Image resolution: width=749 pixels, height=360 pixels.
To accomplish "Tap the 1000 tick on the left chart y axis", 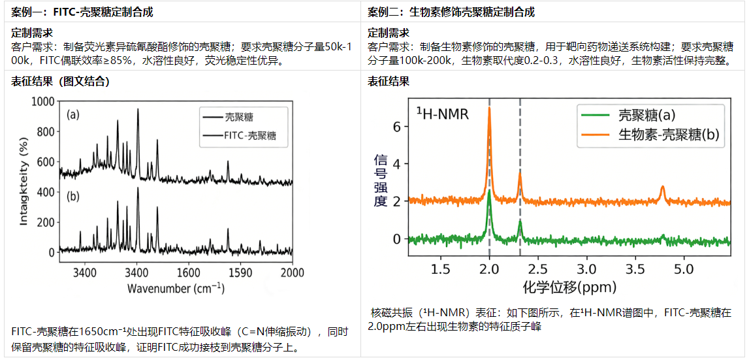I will coord(41,102).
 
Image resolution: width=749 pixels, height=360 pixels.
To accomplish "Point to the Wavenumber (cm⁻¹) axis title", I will coord(176,288).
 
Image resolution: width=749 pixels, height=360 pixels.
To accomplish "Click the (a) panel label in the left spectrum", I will coord(73,115).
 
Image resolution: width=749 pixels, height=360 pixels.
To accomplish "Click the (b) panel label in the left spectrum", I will coord(73,197).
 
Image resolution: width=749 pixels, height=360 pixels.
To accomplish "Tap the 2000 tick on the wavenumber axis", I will coord(292,272).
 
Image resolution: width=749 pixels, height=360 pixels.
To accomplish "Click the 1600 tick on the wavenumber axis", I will coord(189,272).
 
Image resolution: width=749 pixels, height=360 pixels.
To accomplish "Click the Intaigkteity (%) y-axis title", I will coord(24,176).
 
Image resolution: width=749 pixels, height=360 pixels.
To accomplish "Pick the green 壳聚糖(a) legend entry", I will coord(646,116).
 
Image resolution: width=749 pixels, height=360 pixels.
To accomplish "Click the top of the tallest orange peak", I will coord(488,108).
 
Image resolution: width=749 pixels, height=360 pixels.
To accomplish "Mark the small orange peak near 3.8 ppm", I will coord(663,188).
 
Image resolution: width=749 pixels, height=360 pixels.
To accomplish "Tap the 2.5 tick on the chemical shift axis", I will coord(538,269).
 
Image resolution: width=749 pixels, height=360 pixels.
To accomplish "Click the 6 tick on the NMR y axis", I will coord(396,127).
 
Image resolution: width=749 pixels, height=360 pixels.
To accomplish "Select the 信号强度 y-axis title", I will coord(381,180).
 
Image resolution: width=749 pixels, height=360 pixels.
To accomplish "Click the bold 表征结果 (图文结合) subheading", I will coord(60,82).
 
